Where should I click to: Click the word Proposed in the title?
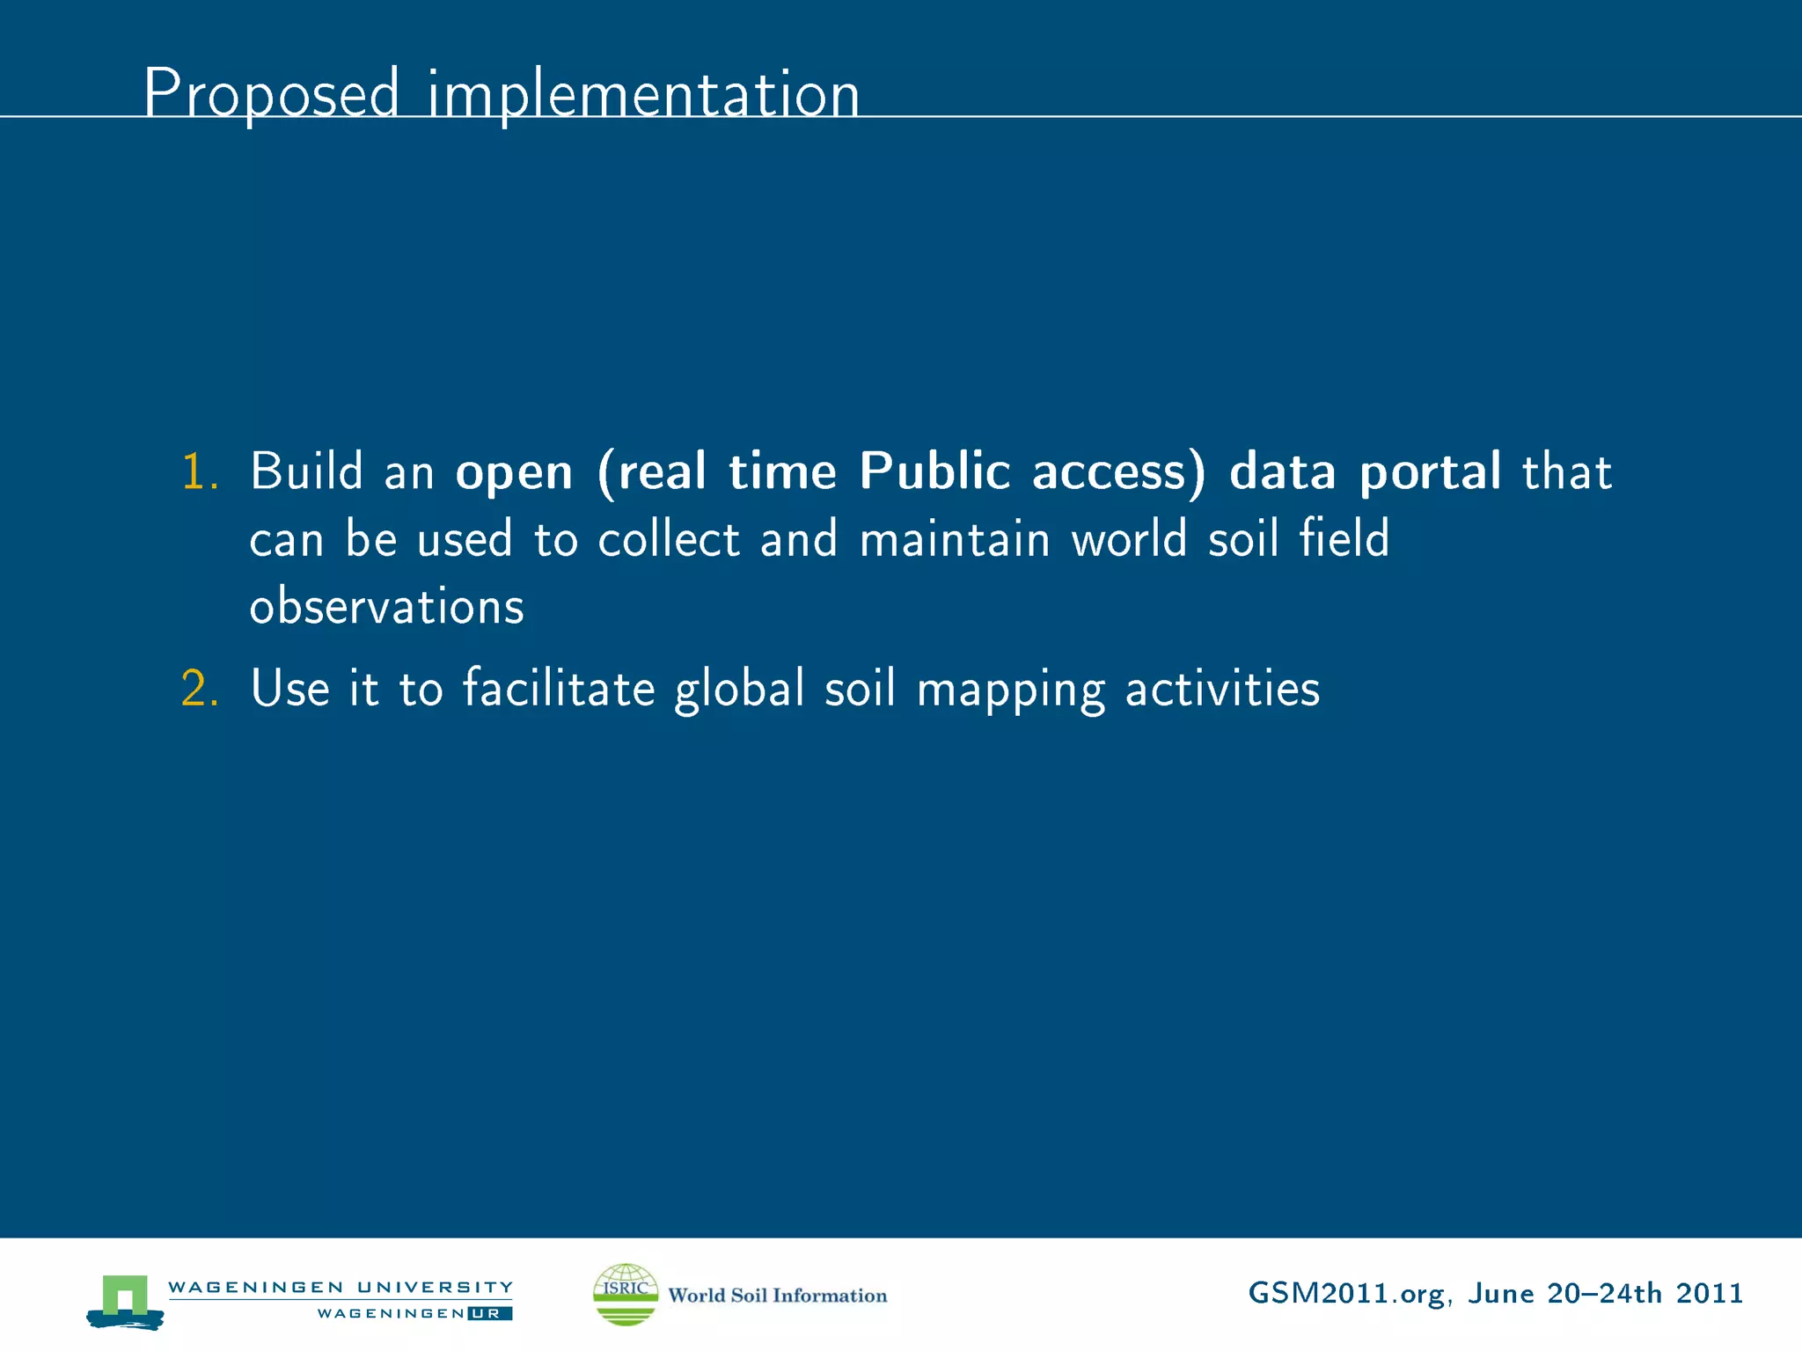(271, 93)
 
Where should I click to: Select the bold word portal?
(1430, 473)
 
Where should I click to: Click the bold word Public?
(934, 471)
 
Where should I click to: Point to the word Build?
(306, 471)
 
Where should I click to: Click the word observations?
(386, 607)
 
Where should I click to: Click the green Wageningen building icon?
(125, 1299)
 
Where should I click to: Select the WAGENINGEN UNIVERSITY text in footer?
(340, 1287)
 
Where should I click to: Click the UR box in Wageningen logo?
(490, 1313)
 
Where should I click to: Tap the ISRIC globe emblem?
(626, 1294)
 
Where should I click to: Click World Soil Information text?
(777, 1295)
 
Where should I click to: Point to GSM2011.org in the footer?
(1345, 1294)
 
